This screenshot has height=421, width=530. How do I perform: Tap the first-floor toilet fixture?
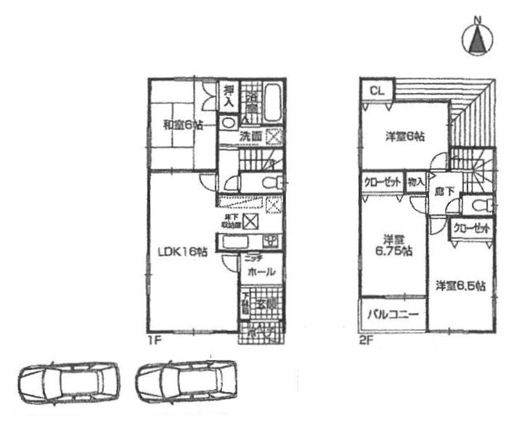pyautogui.click(x=269, y=182)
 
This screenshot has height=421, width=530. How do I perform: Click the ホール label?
pyautogui.click(x=261, y=272)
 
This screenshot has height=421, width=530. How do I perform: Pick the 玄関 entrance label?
pyautogui.click(x=264, y=304)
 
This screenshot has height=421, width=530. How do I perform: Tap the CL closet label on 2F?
pyautogui.click(x=375, y=91)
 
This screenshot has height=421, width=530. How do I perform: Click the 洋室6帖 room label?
pyautogui.click(x=404, y=136)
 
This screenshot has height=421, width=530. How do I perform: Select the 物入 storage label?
pyautogui.click(x=416, y=183)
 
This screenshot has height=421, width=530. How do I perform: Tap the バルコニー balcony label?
pyautogui.click(x=392, y=316)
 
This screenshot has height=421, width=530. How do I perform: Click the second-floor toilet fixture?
pyautogui.click(x=479, y=207)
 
